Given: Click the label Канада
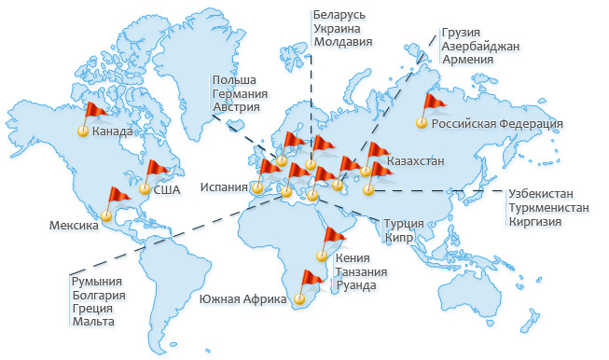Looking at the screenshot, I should click(112, 132).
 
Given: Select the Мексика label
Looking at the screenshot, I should click(74, 226).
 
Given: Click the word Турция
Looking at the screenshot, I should click(404, 224).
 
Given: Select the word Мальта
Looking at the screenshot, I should click(93, 322).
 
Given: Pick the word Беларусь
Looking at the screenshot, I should click(340, 16).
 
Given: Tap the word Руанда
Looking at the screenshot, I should click(355, 285).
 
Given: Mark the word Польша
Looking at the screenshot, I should click(234, 80).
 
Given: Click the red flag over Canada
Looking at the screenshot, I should click(95, 111).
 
